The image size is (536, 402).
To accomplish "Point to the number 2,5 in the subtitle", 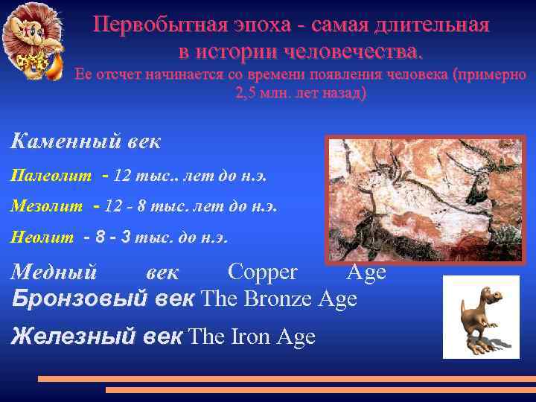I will click(247, 95).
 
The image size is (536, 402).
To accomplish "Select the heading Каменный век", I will click(86, 141).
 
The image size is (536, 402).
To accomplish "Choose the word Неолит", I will click(42, 237).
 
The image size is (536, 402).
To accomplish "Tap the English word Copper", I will click(262, 272).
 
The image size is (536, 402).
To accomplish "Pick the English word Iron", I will click(252, 336).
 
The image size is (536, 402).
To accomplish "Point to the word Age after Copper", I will click(366, 272).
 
